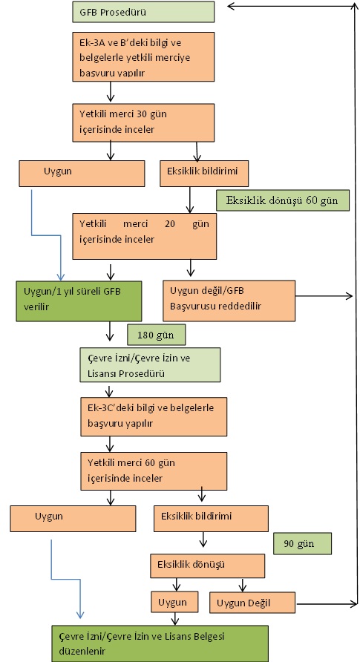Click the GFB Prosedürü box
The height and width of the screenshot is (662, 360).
pyautogui.click(x=143, y=12)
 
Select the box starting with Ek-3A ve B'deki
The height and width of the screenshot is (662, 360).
pyautogui.click(x=143, y=56)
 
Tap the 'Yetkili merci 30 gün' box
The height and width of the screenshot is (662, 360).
pyautogui.click(x=143, y=122)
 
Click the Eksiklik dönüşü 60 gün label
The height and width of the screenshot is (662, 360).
pyautogui.click(x=282, y=200)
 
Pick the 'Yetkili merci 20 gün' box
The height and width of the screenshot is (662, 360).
pyautogui.click(x=144, y=236)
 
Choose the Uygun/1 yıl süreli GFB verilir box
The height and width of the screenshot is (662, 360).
pyautogui.click(x=79, y=301)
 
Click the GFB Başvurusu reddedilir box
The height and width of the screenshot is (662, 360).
pyautogui.click(x=229, y=301)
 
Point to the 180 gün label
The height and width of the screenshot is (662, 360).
pyautogui.click(x=156, y=335)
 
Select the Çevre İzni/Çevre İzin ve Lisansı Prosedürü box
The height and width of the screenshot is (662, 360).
pyautogui.click(x=150, y=365)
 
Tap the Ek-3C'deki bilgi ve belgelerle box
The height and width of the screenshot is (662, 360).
pyautogui.click(x=154, y=416)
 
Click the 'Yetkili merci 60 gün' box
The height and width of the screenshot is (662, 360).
pyautogui.click(x=154, y=471)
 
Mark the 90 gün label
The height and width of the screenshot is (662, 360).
pyautogui.click(x=302, y=543)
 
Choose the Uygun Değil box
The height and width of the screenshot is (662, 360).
pyautogui.click(x=252, y=603)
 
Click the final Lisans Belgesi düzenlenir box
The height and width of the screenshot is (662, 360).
pyautogui.click(x=160, y=643)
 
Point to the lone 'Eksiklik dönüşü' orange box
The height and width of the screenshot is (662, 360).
pyautogui.click(x=208, y=566)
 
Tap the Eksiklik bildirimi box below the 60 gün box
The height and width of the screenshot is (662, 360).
pyautogui.click(x=211, y=519)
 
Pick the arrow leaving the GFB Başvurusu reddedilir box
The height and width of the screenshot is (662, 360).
pyautogui.click(x=324, y=296)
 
